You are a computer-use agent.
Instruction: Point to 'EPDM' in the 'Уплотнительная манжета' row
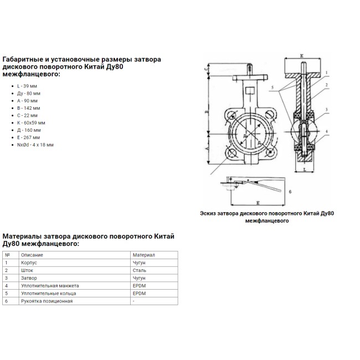click(138, 285)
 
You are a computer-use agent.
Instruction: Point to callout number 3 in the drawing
click(327, 109)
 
